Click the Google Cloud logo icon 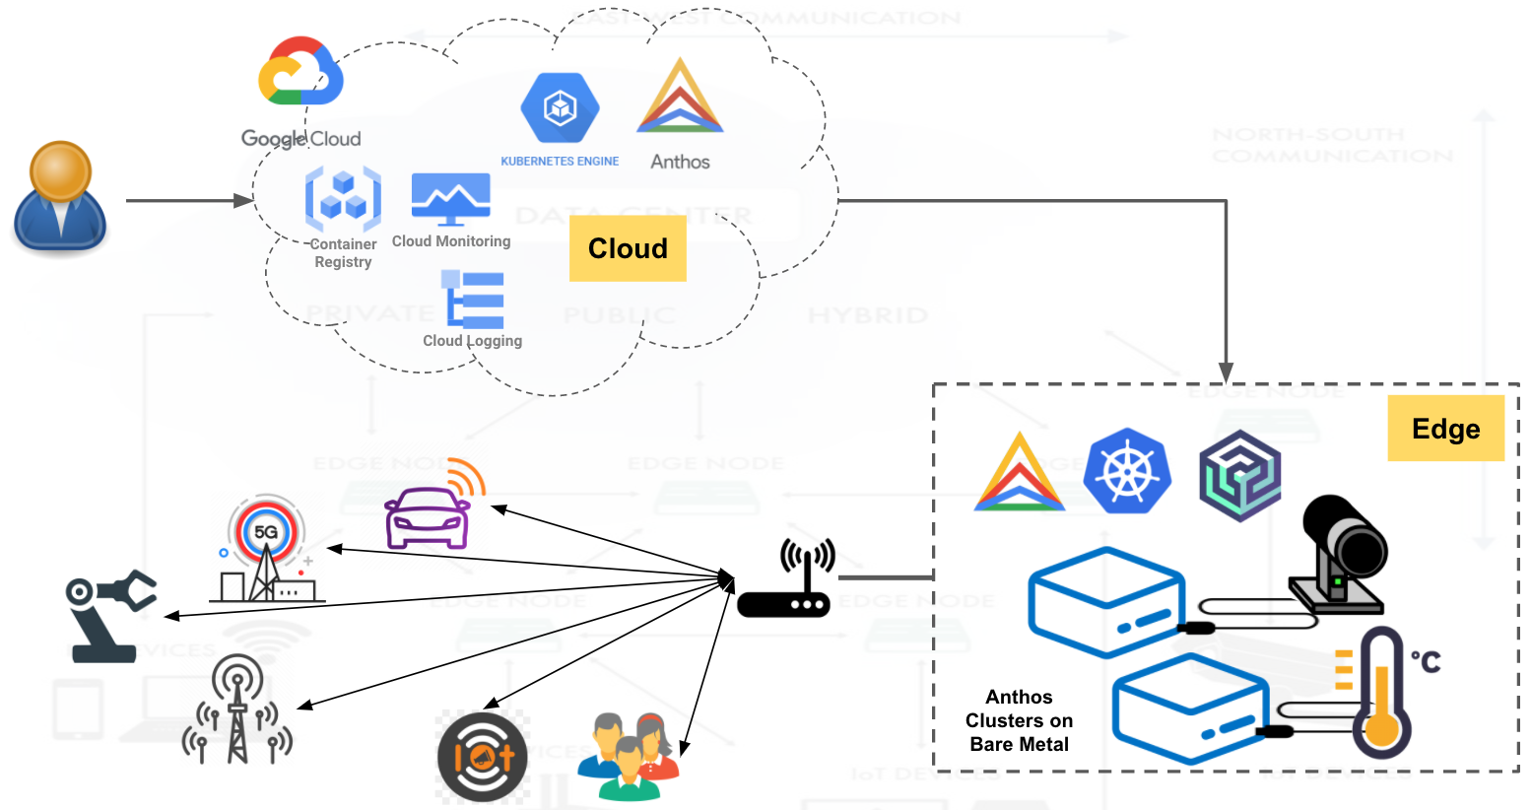[300, 72]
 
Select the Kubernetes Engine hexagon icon [560, 107]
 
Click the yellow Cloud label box [628, 248]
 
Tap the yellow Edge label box [1445, 429]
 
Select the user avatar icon [60, 197]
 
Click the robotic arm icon [108, 616]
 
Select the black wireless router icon [785, 580]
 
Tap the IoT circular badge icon [483, 757]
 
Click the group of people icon [630, 757]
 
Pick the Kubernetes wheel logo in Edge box [1127, 472]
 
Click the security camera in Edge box [1341, 553]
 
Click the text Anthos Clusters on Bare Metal [1019, 720]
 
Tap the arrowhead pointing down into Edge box [1226, 372]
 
